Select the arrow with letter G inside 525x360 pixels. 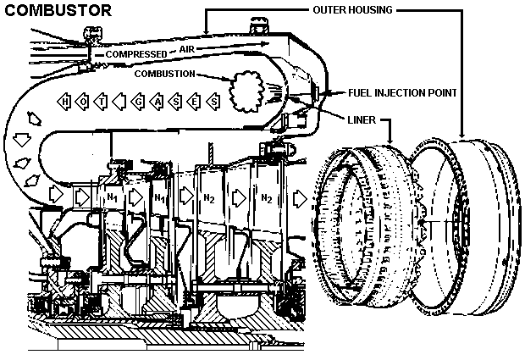click(137, 102)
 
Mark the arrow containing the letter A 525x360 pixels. click(157, 102)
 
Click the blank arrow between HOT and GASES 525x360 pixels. click(120, 102)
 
